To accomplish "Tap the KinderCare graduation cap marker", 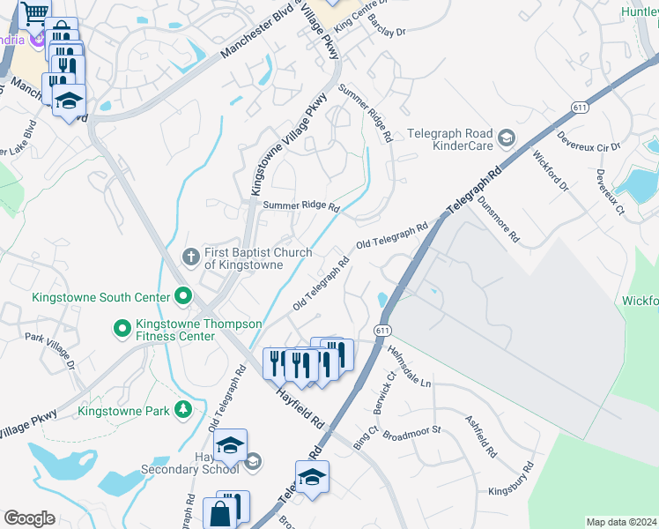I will (x=507, y=138).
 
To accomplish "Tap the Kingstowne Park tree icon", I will (x=182, y=409).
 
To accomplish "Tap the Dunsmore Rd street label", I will (x=500, y=219).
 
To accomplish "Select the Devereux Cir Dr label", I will (x=589, y=142).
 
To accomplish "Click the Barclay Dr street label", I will (x=387, y=24).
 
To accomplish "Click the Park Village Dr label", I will (x=50, y=351).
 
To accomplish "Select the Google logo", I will (x=29, y=518).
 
